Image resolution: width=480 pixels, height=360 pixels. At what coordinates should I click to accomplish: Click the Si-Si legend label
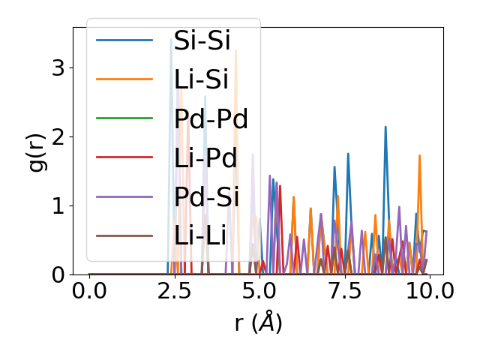click(202, 40)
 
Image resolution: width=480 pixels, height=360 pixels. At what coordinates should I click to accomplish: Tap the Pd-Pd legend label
click(211, 118)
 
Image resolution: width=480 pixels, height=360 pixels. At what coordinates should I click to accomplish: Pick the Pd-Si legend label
click(206, 197)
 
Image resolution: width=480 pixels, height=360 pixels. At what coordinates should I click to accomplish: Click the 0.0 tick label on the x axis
click(89, 292)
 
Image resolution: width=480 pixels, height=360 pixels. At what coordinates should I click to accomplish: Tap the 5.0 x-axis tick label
click(259, 292)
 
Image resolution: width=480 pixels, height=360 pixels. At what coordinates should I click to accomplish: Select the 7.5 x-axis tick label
click(344, 292)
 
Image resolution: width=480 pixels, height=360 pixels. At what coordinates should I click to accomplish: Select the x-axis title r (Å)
click(258, 322)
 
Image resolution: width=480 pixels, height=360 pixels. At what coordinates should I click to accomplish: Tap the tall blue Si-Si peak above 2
click(385, 127)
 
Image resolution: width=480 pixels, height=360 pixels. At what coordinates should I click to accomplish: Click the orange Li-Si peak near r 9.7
click(419, 156)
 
